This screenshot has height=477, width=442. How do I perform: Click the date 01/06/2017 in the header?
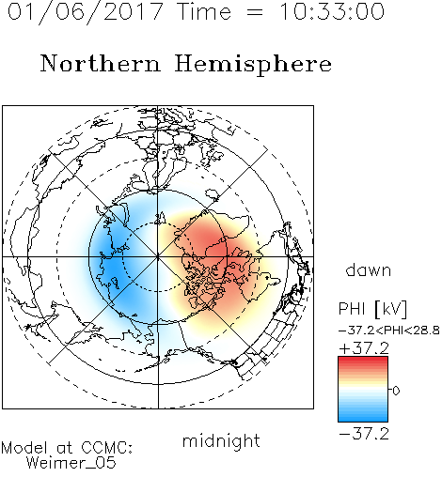click(85, 12)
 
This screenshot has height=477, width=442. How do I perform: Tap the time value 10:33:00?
click(331, 11)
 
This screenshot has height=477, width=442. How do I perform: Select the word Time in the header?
click(204, 11)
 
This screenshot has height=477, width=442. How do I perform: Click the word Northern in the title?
click(101, 64)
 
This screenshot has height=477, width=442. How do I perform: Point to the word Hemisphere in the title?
click(253, 65)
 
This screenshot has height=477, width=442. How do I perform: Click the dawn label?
click(369, 270)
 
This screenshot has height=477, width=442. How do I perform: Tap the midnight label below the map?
click(221, 440)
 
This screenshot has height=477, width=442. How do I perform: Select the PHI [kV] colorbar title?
click(372, 309)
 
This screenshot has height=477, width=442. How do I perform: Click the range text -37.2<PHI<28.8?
click(389, 331)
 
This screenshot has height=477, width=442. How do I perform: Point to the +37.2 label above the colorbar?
click(364, 348)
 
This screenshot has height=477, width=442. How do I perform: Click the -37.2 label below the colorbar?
click(364, 434)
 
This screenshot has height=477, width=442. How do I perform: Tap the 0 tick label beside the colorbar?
click(396, 391)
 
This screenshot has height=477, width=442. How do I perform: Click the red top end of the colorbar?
click(363, 360)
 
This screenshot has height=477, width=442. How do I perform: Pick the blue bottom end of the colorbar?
click(363, 419)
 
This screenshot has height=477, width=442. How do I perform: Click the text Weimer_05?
click(71, 463)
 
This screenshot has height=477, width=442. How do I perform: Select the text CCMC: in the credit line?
click(106, 448)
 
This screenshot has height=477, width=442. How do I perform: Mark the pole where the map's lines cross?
click(158, 257)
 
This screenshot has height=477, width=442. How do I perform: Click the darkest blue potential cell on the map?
click(110, 264)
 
